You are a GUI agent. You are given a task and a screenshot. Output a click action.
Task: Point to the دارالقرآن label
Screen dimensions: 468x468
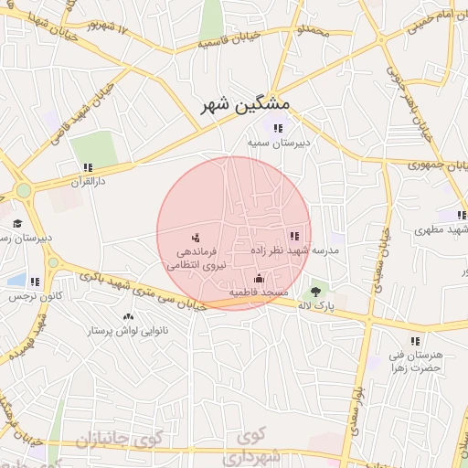point(90,182)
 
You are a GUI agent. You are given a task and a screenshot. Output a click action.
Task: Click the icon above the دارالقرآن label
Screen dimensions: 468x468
point(88,167)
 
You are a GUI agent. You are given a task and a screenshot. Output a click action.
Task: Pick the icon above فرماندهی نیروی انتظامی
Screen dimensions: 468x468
point(195,238)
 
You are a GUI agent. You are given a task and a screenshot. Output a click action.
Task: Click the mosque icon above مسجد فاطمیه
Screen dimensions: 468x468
point(259,278)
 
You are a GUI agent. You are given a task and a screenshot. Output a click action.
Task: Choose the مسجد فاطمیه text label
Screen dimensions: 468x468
point(259,292)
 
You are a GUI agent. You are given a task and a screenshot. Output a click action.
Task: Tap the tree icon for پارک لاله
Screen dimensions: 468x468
point(316,290)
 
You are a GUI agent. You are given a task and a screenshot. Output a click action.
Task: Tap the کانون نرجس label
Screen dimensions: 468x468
point(36,297)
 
